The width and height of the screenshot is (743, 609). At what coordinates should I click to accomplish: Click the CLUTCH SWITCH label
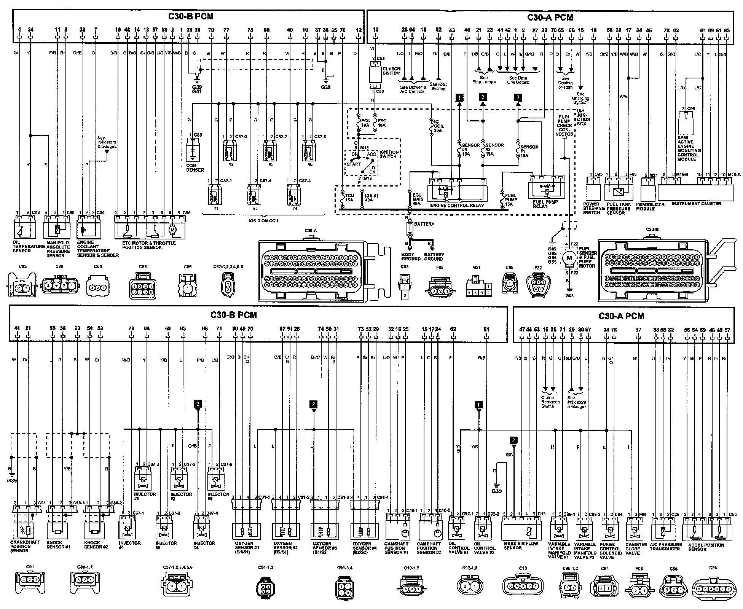pyautogui.click(x=391, y=71)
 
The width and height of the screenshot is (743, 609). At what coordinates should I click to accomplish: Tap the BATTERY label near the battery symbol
pyautogui.click(x=424, y=224)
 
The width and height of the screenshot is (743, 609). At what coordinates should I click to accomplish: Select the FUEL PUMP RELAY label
pyautogui.click(x=545, y=204)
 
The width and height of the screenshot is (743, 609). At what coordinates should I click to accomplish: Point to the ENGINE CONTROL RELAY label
pyautogui.click(x=457, y=206)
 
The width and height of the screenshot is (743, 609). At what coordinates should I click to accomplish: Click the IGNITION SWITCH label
pyautogui.click(x=389, y=154)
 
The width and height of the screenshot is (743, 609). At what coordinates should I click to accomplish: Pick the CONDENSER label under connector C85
pyautogui.click(x=195, y=168)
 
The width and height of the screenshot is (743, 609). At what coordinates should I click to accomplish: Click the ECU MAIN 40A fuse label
pyautogui.click(x=418, y=199)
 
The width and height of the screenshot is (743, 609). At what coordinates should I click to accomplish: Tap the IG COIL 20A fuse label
pyautogui.click(x=439, y=126)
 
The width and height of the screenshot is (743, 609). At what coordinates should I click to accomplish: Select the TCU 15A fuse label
pyautogui.click(x=349, y=198)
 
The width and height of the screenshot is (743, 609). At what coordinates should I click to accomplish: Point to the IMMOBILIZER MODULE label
pyautogui.click(x=653, y=207)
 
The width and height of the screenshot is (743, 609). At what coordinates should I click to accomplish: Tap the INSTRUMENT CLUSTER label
pyautogui.click(x=696, y=204)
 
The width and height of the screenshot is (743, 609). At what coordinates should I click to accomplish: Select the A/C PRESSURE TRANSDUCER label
pyautogui.click(x=665, y=547)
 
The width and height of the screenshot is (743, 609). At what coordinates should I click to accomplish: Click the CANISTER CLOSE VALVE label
pyautogui.click(x=636, y=549)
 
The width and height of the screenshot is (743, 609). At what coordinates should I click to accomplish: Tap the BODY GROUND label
pyautogui.click(x=411, y=257)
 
